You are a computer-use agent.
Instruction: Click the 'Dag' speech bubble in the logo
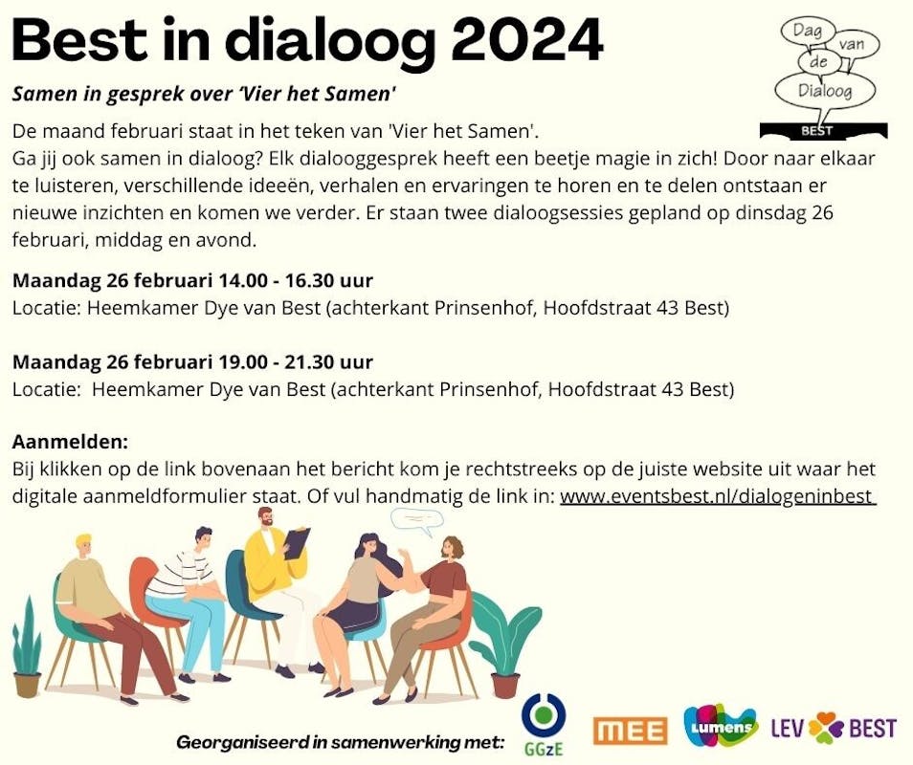[807, 31]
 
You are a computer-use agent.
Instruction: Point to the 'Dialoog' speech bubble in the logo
[825, 91]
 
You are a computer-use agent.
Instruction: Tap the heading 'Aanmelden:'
[70, 442]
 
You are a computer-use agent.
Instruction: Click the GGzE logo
[544, 724]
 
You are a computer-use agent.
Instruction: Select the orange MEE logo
[631, 731]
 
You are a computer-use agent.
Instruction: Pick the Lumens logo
[721, 726]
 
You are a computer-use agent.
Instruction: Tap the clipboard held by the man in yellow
[297, 543]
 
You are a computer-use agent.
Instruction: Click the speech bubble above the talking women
[416, 520]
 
